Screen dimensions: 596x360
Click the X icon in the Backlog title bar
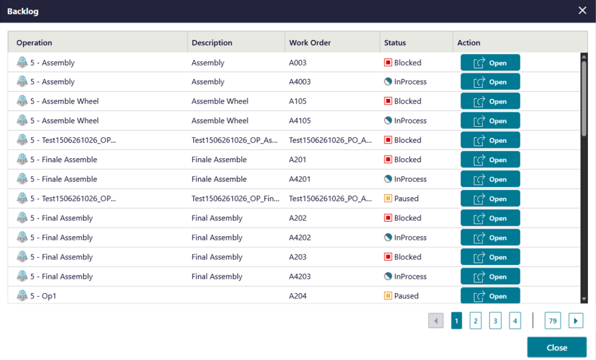(582, 10)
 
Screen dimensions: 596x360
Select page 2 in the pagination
(476, 321)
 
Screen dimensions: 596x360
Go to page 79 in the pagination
(553, 321)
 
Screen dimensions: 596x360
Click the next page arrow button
(576, 321)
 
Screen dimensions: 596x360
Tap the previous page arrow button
(436, 321)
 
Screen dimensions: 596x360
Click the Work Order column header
(310, 42)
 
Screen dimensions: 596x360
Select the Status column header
(395, 42)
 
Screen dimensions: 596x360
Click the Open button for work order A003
(490, 63)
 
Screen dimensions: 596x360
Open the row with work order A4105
(490, 121)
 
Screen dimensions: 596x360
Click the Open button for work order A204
(490, 296)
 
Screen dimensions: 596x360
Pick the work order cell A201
(297, 160)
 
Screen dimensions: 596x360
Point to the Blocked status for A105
(403, 101)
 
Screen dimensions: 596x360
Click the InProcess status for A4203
(405, 276)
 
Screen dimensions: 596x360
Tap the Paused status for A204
(402, 296)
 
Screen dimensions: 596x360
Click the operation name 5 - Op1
(43, 296)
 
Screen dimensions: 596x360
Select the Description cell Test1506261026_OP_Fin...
(235, 198)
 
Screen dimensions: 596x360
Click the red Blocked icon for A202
(388, 218)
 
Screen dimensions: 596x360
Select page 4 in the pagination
(515, 321)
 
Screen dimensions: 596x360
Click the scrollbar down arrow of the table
(584, 300)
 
